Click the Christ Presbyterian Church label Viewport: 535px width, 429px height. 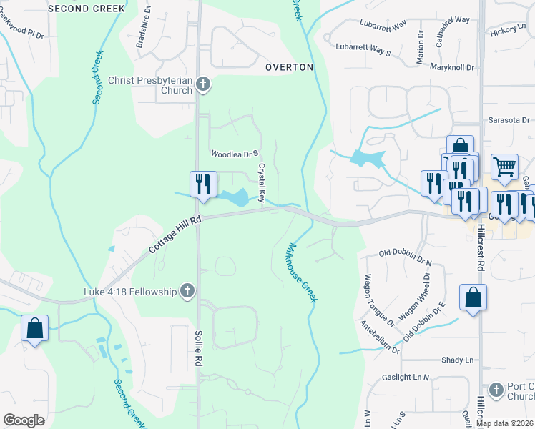(151, 86)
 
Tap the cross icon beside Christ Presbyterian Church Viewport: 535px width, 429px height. (203, 85)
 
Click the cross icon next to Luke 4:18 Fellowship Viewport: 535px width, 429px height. (187, 291)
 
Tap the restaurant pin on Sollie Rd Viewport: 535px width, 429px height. (203, 184)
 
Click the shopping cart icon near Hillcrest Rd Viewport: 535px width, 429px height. (505, 167)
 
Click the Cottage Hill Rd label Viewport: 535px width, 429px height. (175, 235)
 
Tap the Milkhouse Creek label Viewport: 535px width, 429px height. (300, 272)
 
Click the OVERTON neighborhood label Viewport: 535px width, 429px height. (289, 67)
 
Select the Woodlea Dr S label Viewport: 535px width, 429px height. (234, 154)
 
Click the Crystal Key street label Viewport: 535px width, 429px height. (262, 182)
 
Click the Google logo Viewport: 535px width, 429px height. (24, 420)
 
